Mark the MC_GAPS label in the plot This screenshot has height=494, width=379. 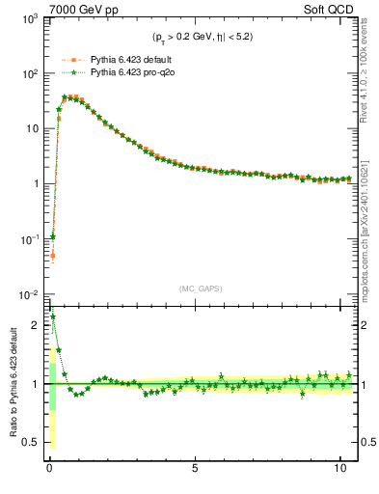tap(202, 288)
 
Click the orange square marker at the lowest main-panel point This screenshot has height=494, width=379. tap(52, 256)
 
